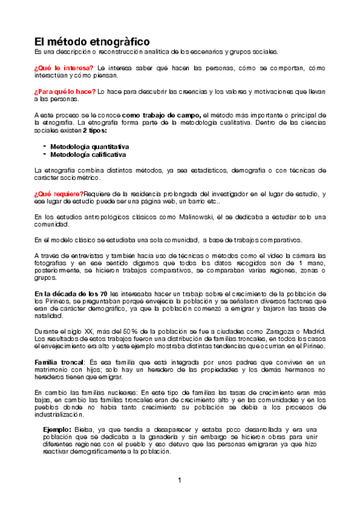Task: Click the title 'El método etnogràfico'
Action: pyautogui.click(x=91, y=42)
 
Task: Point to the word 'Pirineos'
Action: pyautogui.click(x=52, y=301)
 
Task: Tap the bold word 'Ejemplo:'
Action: pyautogui.click(x=58, y=429)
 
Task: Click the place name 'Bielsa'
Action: pyautogui.click(x=86, y=429)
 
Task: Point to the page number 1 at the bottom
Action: pyautogui.click(x=180, y=480)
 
